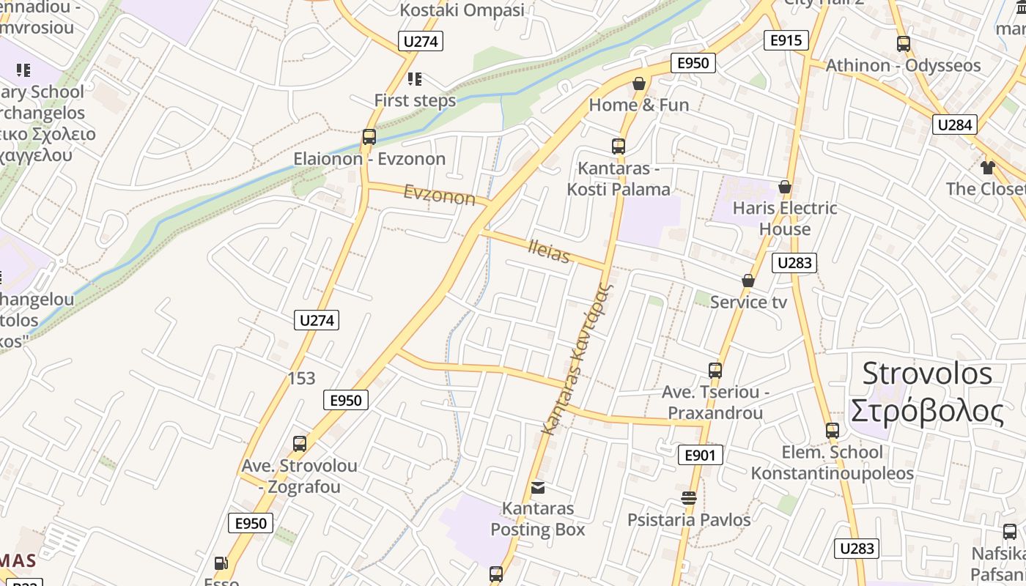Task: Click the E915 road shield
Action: [x=786, y=40]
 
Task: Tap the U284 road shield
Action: [x=955, y=125]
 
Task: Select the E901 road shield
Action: [x=699, y=455]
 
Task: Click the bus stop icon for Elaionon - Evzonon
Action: [x=369, y=137]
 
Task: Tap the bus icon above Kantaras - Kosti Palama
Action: [x=619, y=146]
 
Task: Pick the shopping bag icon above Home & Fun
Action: [x=639, y=84]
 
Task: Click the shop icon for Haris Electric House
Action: [x=785, y=187]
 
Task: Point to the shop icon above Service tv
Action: [x=748, y=281]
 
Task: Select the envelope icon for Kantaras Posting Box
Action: [x=538, y=487]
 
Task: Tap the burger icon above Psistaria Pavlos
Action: [x=688, y=498]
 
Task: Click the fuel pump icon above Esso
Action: [x=220, y=563]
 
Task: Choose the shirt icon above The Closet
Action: [x=987, y=168]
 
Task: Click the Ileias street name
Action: [x=549, y=251]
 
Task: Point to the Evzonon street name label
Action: [x=439, y=195]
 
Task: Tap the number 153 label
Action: [x=301, y=378]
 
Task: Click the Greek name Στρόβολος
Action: [x=927, y=412]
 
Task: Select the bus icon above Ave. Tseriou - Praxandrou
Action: [x=715, y=371]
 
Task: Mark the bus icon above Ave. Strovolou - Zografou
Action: [x=299, y=444]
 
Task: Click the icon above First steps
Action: [x=415, y=78]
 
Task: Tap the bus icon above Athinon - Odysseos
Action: [x=904, y=44]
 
